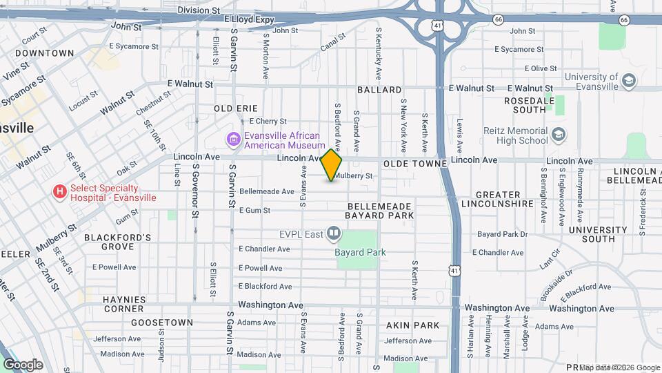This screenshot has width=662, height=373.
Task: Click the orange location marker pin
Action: tap(332, 165)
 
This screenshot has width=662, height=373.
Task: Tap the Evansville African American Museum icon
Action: tap(234, 140)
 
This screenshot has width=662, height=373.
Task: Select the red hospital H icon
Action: tap(60, 192)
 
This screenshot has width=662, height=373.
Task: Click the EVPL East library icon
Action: tap(334, 233)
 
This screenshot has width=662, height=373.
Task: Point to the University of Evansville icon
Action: tap(628, 82)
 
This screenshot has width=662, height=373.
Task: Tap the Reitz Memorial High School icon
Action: tap(559, 135)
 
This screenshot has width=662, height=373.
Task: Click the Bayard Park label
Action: tap(360, 252)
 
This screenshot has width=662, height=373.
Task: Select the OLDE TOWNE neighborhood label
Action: tap(408, 161)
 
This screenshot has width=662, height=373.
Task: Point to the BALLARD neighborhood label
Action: tap(379, 90)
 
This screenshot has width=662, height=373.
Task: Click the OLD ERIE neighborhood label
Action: tap(236, 108)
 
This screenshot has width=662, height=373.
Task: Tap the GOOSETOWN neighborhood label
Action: tap(162, 323)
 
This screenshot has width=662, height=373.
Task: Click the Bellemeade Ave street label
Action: tap(267, 191)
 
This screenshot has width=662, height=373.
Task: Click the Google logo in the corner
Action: tap(23, 364)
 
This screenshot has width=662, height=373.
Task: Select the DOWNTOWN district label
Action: tap(44, 53)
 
